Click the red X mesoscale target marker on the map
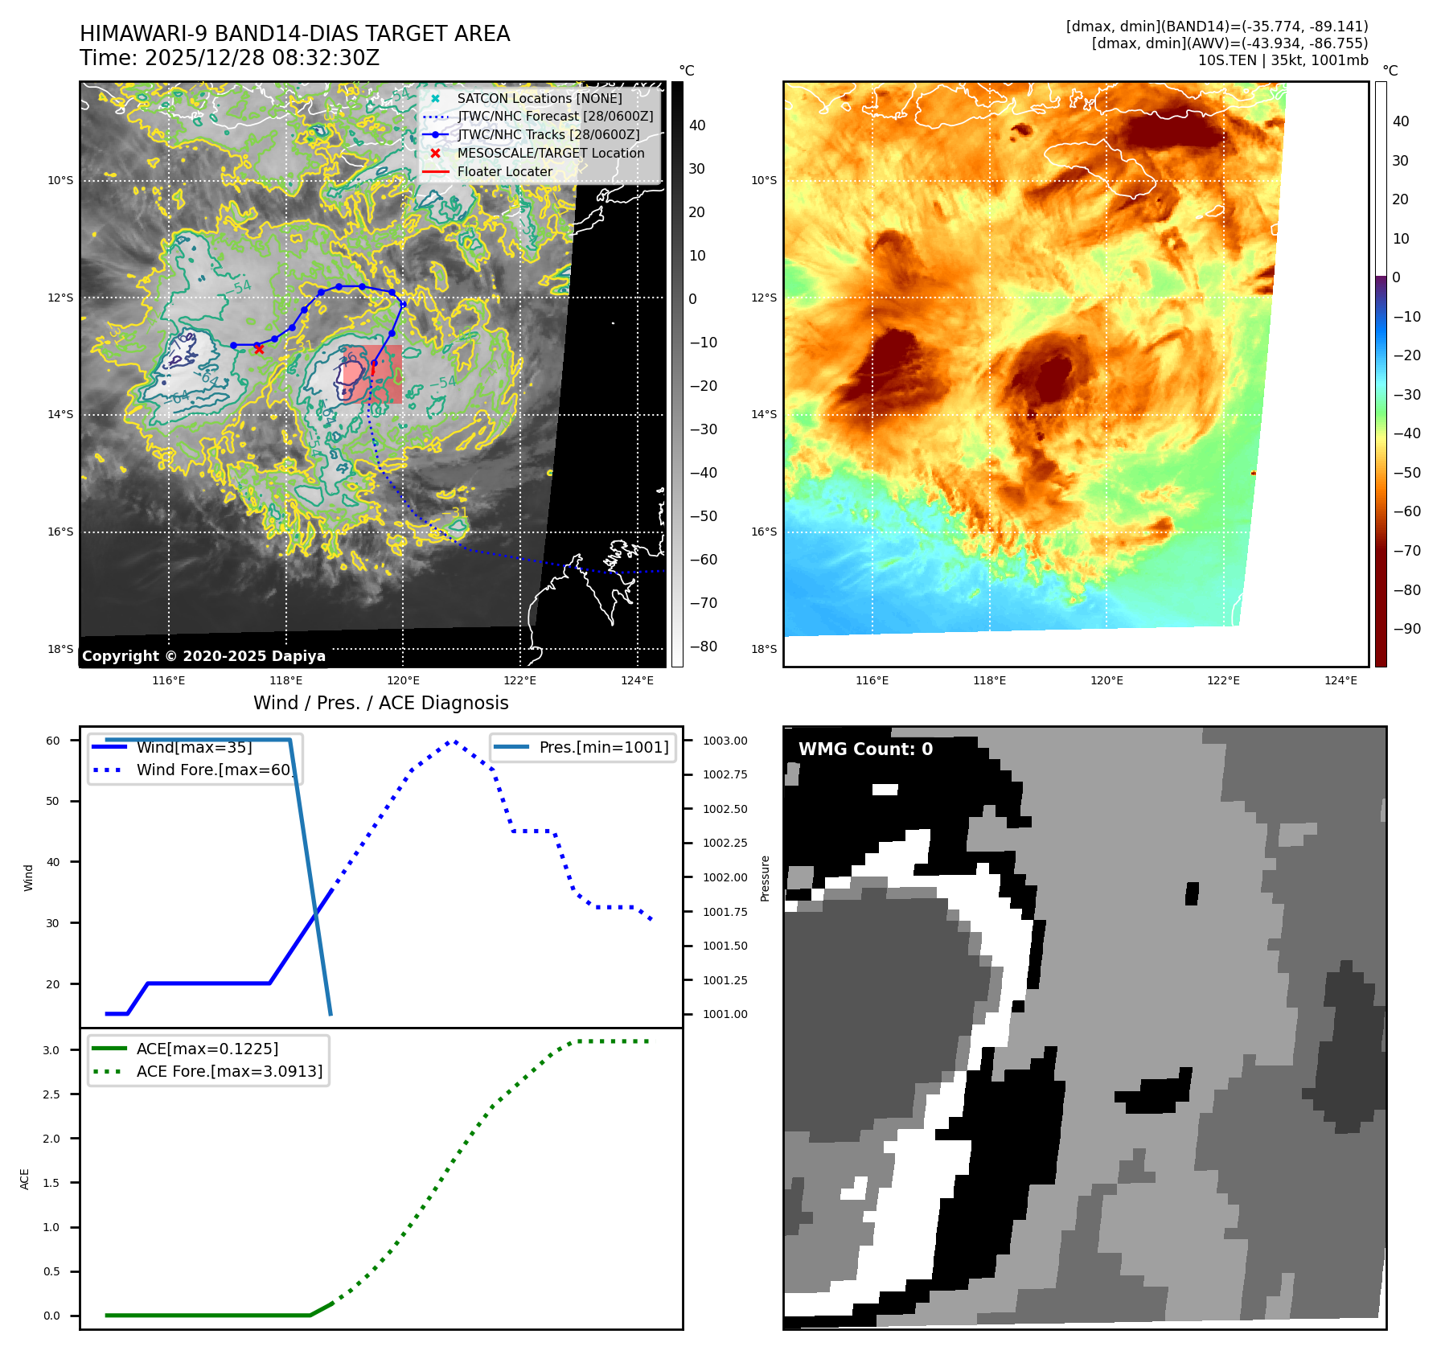coord(258,349)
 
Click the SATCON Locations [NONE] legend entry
coord(539,98)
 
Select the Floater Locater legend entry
coord(504,171)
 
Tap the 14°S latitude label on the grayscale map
coord(60,415)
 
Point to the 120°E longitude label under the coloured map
coord(1106,680)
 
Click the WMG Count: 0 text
coord(865,749)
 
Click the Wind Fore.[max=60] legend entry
coord(213,770)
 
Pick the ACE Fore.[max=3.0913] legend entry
coord(229,1071)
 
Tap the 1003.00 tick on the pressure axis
coord(725,741)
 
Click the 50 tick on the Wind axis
coord(53,801)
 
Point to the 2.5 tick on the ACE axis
coord(51,1094)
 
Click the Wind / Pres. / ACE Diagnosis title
coord(381,703)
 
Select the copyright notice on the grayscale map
coord(203,656)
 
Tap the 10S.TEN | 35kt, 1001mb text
coord(1283,60)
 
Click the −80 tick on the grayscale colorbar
coord(703,647)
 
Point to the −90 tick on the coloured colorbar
coord(1406,629)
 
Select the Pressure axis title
coord(766,878)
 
